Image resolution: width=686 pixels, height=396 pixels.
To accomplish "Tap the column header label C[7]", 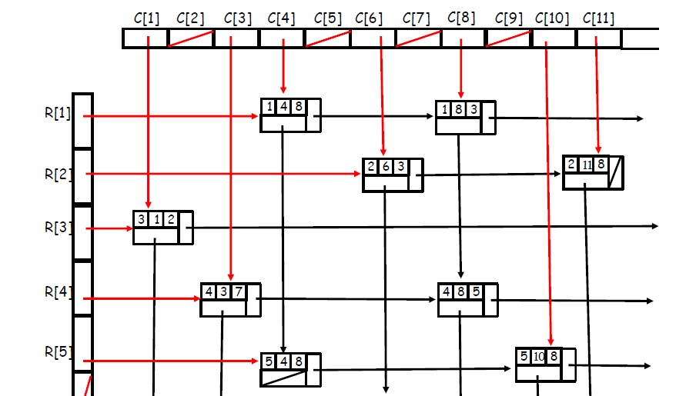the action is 417,18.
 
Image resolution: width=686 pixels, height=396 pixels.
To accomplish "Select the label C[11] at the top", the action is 599,18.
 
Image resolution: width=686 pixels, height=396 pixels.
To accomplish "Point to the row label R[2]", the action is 58,174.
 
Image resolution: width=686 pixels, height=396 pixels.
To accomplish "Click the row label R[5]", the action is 58,352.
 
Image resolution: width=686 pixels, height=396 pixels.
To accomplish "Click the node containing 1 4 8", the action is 290,115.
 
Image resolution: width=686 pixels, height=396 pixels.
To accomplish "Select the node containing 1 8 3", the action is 465,118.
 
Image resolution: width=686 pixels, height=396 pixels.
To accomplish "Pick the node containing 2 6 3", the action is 393,175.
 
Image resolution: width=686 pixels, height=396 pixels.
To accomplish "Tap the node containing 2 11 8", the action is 592,172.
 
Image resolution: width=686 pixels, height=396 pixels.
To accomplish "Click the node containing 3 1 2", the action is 162,227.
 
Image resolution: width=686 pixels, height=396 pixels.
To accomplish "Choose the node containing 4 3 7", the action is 230,299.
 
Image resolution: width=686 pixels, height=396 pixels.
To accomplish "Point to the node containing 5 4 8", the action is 290,370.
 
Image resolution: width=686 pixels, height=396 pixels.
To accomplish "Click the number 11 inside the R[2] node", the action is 586,164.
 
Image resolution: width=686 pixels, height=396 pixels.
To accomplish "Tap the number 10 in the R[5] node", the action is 539,356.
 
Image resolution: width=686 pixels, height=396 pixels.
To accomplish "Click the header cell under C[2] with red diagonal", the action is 191,38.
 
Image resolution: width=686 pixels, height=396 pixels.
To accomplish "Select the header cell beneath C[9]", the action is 508,38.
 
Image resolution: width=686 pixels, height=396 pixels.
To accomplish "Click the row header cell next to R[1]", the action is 82,121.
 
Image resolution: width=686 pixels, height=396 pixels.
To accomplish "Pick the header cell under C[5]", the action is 327,38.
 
